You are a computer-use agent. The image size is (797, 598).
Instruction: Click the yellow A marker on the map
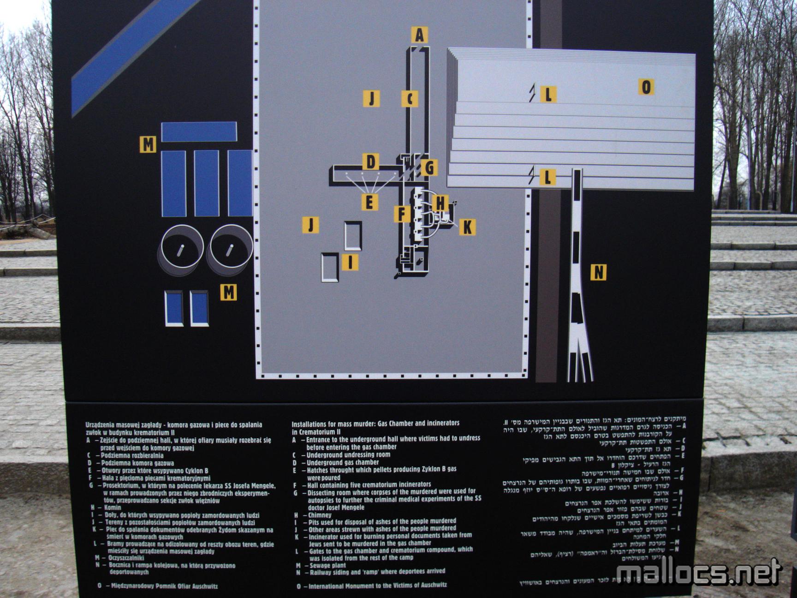pos(419,35)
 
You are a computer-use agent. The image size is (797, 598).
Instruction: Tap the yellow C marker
pos(410,98)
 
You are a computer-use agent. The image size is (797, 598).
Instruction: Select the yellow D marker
pos(370,162)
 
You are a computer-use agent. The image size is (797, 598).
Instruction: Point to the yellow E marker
pos(369,202)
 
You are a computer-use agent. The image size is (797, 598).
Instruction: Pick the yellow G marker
pos(429,167)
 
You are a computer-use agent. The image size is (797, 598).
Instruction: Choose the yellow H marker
pos(440,203)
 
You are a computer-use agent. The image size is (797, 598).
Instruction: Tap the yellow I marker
pos(350,262)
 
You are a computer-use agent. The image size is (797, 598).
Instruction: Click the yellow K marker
pos(467,227)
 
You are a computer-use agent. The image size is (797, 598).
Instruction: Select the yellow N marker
pos(598,272)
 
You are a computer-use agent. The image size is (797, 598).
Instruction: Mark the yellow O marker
pos(646,87)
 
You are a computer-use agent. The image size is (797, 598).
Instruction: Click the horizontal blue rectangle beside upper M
pos(199,132)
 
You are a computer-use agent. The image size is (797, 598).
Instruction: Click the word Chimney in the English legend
pos(320,515)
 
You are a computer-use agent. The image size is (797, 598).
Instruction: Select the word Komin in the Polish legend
pos(113,508)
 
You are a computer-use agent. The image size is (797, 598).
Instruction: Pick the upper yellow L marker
pos(548,95)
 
